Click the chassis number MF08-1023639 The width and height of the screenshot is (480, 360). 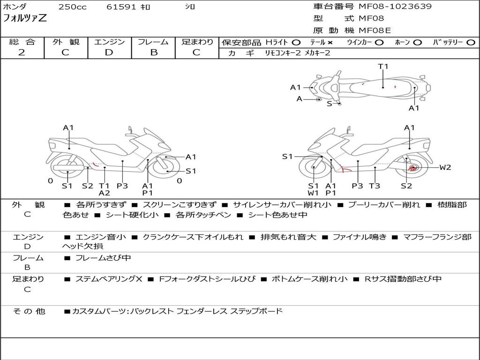(395, 6)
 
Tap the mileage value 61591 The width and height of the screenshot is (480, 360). (121, 7)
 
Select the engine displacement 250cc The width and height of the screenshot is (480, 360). (73, 7)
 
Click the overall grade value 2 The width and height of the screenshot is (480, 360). (22, 52)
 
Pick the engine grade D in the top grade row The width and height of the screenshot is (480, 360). (109, 52)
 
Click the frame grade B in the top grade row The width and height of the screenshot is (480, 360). (154, 52)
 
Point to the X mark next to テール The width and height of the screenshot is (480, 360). (330, 43)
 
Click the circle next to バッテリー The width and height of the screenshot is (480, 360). (471, 43)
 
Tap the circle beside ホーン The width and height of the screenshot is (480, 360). (417, 43)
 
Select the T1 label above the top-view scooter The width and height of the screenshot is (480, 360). (383, 67)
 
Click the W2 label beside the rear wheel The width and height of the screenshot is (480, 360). (445, 167)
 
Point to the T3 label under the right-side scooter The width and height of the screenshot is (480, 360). (375, 186)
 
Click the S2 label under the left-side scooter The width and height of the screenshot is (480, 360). (88, 186)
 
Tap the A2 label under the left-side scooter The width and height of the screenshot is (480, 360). (105, 193)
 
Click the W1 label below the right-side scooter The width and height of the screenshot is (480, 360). (313, 193)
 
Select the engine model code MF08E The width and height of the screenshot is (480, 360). (375, 30)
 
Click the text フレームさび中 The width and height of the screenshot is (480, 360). (103, 258)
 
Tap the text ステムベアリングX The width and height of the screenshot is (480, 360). (109, 279)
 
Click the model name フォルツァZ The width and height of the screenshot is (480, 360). (25, 18)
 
